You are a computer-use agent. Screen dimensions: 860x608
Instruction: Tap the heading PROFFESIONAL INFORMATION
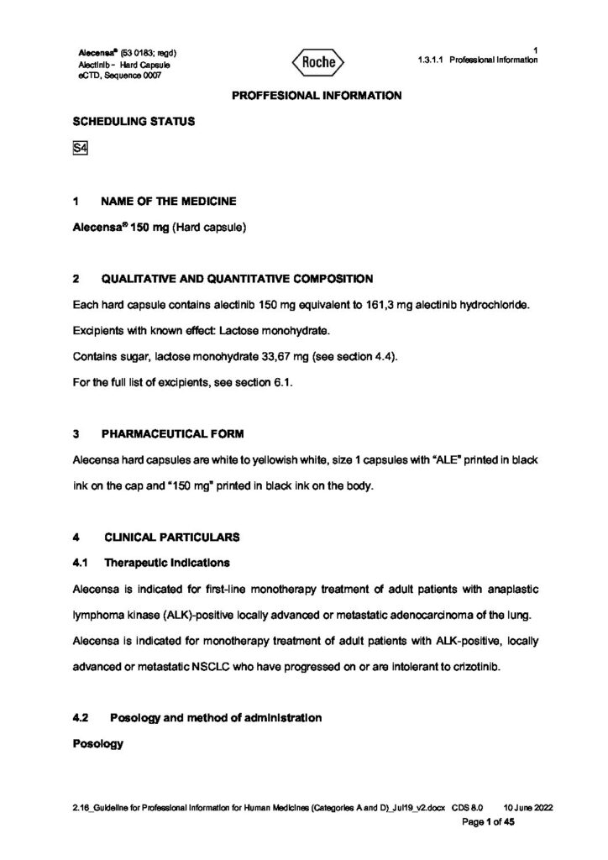[x=317, y=96]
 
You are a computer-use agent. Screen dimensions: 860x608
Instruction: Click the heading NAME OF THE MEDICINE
[x=168, y=202]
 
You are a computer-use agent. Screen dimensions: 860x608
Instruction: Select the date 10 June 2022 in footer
[x=527, y=808]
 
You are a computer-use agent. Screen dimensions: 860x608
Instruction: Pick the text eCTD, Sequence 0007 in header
[x=118, y=76]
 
